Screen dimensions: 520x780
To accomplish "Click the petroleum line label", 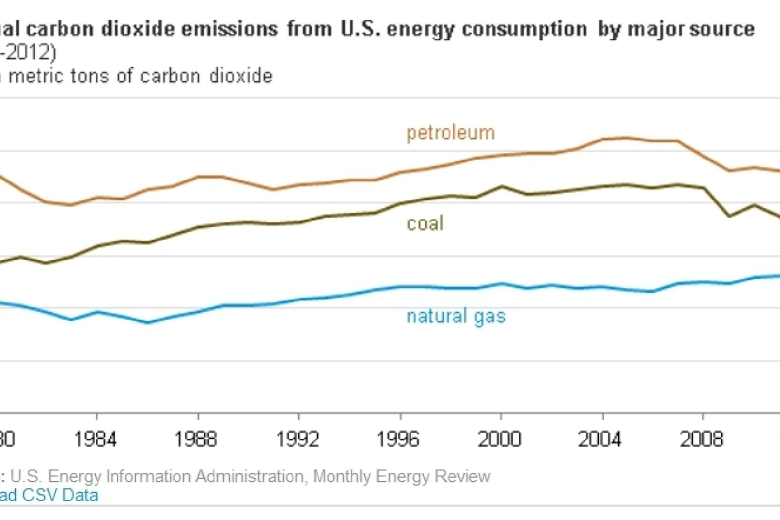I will pyautogui.click(x=450, y=133).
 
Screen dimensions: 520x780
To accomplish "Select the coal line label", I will pyautogui.click(x=425, y=223).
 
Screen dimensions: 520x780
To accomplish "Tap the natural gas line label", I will pyautogui.click(x=456, y=316).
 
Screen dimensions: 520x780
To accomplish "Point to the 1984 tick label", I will pyautogui.click(x=95, y=440).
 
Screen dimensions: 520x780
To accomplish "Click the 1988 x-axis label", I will pyautogui.click(x=196, y=440).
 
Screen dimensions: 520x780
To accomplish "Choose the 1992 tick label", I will pyautogui.click(x=297, y=440).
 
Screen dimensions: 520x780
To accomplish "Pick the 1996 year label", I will pyautogui.click(x=398, y=440).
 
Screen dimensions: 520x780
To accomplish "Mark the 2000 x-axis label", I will pyautogui.click(x=499, y=440).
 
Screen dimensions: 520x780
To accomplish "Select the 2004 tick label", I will pyautogui.click(x=600, y=440).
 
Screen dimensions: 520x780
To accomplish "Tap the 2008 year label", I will pyautogui.click(x=702, y=440).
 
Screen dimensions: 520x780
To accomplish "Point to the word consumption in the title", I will pyautogui.click(x=524, y=29).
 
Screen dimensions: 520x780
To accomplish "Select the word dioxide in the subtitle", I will pyautogui.click(x=241, y=76).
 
